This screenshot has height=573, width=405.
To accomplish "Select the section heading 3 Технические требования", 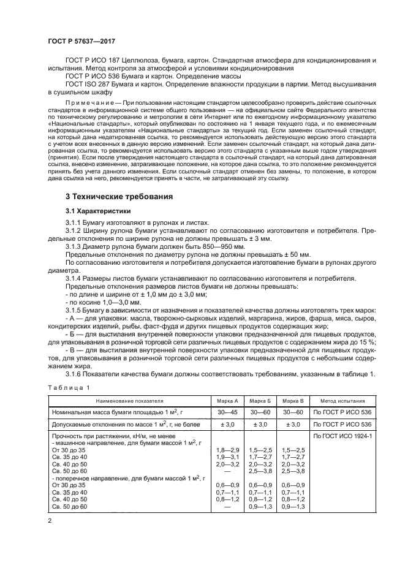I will coord(119,197).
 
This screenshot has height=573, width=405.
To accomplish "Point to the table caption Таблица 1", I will coord(68,387).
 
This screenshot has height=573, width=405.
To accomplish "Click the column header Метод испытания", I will coord(342,399).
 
